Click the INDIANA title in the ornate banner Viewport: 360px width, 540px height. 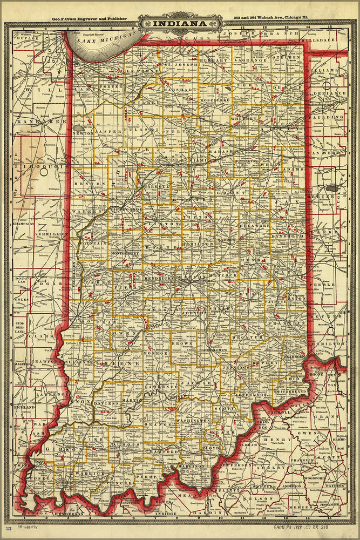(180, 24)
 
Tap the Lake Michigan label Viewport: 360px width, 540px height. (105, 37)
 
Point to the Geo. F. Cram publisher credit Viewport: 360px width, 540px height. (89, 18)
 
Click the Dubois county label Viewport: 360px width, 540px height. (127, 446)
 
